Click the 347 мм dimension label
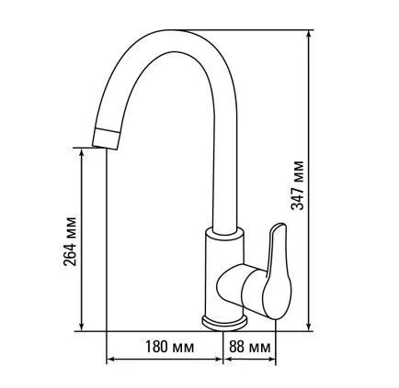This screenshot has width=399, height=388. pos(297,185)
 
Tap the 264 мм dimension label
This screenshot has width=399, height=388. pos(69,241)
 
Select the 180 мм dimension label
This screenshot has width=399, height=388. pos(169,347)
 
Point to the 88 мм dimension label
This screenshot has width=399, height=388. pos(250,347)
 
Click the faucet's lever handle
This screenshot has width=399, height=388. pos(278,272)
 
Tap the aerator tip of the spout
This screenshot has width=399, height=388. pos(107,139)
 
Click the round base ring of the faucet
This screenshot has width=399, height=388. pos(224,323)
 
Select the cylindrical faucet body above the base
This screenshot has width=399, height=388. pos(224,275)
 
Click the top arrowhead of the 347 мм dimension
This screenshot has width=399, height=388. pos(309,34)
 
